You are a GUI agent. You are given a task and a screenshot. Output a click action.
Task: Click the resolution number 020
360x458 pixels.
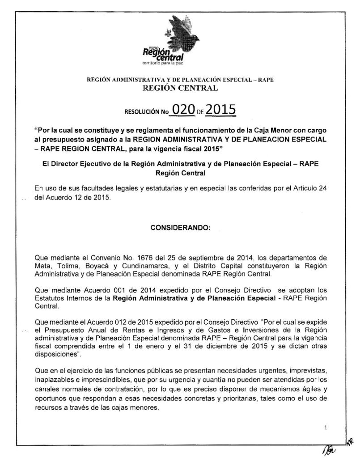184,110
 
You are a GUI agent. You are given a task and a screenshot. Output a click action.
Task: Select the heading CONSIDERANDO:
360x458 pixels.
180,227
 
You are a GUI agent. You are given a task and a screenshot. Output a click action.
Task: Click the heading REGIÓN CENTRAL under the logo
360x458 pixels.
180,89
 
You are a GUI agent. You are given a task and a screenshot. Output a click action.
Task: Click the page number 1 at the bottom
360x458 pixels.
326,428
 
